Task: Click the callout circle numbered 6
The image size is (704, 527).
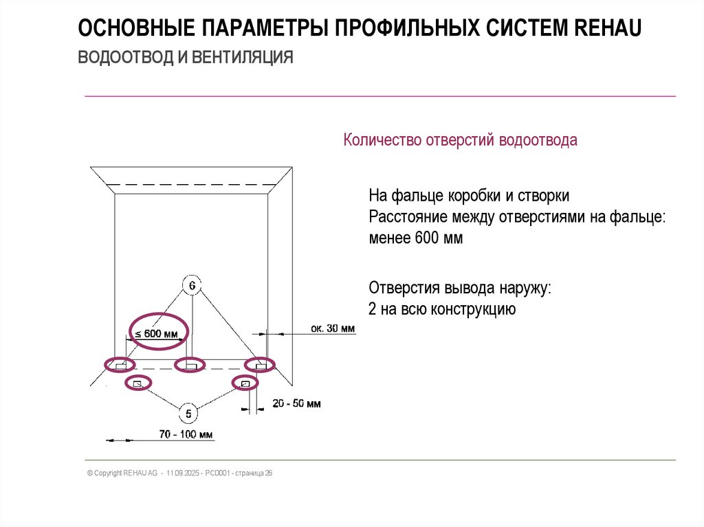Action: [x=192, y=284]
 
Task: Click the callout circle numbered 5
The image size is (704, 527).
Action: [x=189, y=414]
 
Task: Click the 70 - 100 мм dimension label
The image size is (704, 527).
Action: [x=186, y=434]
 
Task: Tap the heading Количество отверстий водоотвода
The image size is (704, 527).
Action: [x=461, y=141]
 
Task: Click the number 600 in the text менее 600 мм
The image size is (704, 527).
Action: [x=429, y=238]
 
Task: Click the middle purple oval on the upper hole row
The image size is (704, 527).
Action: [x=190, y=365]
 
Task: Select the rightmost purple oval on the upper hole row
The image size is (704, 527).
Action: [x=260, y=364]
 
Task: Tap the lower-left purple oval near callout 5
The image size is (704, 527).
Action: [x=137, y=383]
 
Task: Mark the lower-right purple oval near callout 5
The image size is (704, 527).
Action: [x=244, y=383]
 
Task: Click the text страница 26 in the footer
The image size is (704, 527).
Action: [x=254, y=473]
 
